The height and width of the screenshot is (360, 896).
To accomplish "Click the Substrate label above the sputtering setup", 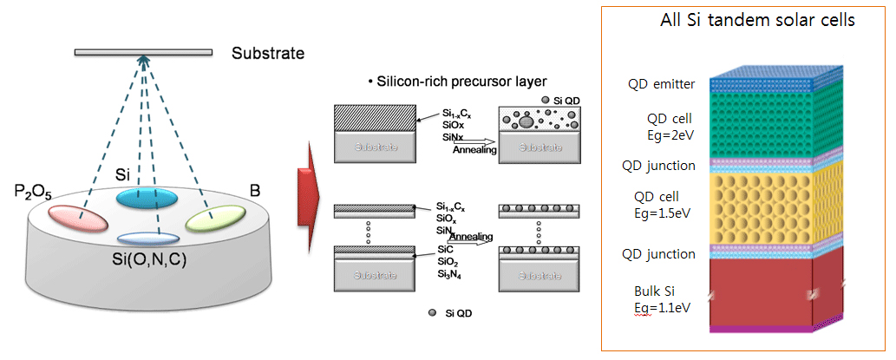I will tap(268, 54).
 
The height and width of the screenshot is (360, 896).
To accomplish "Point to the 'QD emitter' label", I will tap(662, 84).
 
